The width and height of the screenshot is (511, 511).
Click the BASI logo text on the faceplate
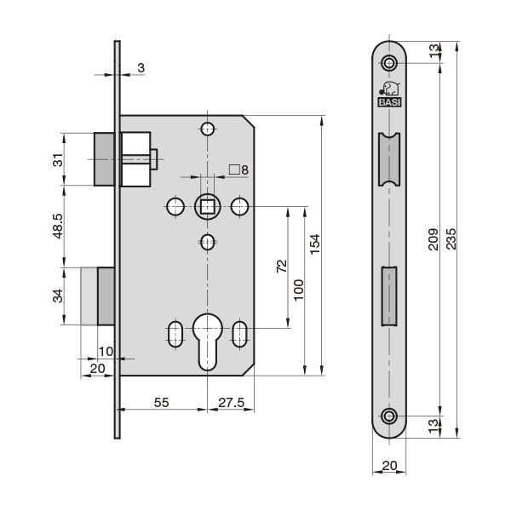click(389, 102)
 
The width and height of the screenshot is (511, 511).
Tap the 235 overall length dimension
click(451, 238)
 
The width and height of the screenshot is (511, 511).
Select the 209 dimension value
click(433, 239)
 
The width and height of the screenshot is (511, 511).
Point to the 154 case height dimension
click(314, 244)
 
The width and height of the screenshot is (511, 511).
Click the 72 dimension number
click(282, 266)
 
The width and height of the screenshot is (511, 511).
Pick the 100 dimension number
click(298, 290)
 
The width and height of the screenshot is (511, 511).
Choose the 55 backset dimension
click(161, 403)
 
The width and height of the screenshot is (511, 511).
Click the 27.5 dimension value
click(231, 403)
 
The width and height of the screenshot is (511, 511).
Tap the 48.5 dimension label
click(58, 226)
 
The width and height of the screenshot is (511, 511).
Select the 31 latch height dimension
click(58, 160)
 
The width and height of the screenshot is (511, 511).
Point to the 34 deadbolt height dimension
click(58, 296)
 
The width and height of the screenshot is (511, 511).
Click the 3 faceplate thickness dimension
click(141, 68)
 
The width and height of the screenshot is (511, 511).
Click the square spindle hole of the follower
click(207, 207)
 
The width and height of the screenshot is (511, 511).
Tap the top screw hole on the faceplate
click(389, 62)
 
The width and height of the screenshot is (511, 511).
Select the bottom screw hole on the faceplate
click(389, 416)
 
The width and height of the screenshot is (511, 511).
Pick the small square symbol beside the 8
click(234, 169)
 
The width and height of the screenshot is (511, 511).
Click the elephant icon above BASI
click(390, 89)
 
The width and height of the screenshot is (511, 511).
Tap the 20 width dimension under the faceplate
click(389, 465)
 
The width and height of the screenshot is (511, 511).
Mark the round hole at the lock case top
click(207, 129)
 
